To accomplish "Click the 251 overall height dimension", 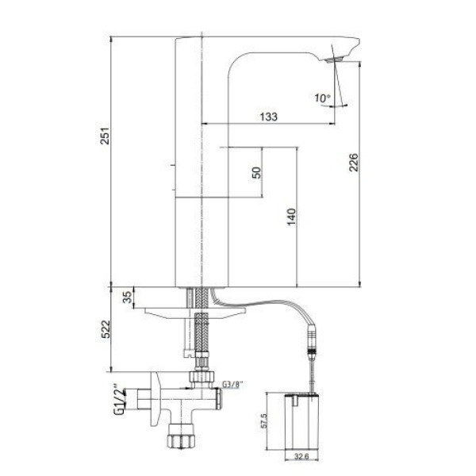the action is click(x=105, y=136).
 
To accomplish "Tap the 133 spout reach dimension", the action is click(x=269, y=117).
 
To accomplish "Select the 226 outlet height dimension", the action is click(x=353, y=163).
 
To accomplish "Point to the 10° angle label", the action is click(x=322, y=98).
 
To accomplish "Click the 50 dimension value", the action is click(x=257, y=173).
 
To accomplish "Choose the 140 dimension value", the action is click(x=291, y=217).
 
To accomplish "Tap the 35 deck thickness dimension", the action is click(x=128, y=297).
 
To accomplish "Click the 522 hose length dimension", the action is click(x=106, y=329).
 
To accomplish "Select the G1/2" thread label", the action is click(x=119, y=401).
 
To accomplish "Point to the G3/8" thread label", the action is click(x=232, y=384).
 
